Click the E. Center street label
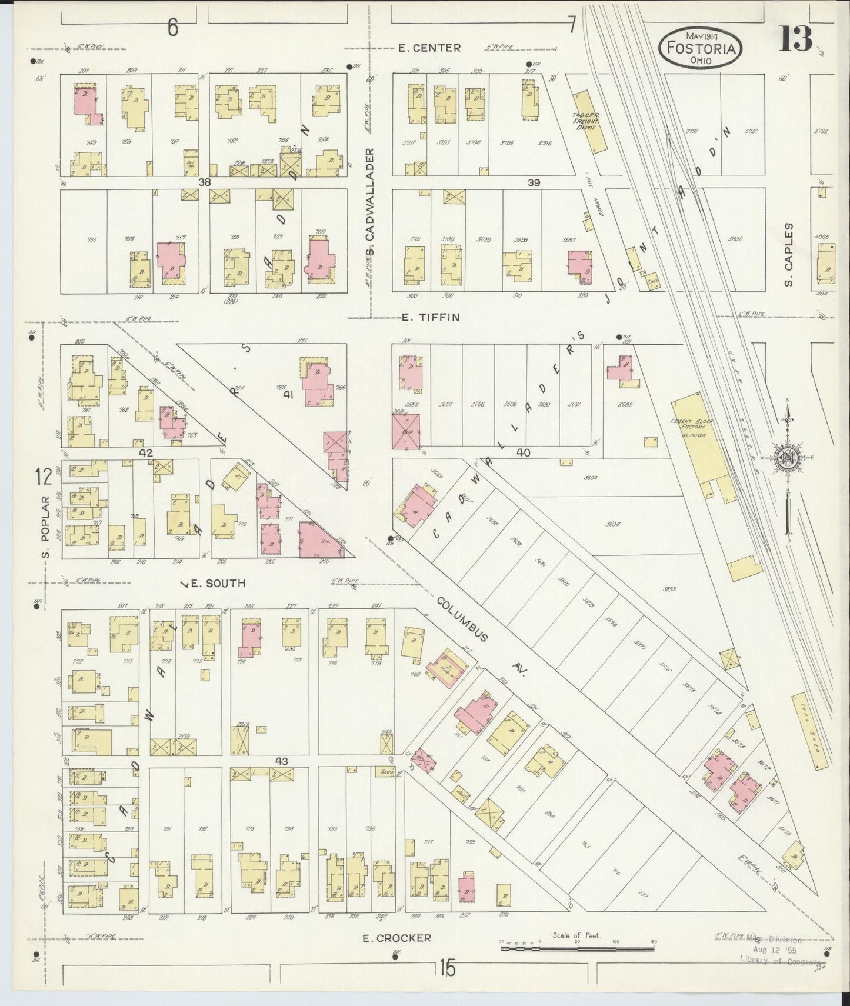tap(429, 48)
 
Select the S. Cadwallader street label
tap(370, 203)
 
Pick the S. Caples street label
tap(789, 255)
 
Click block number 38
tap(204, 182)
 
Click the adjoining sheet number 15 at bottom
tap(446, 967)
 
